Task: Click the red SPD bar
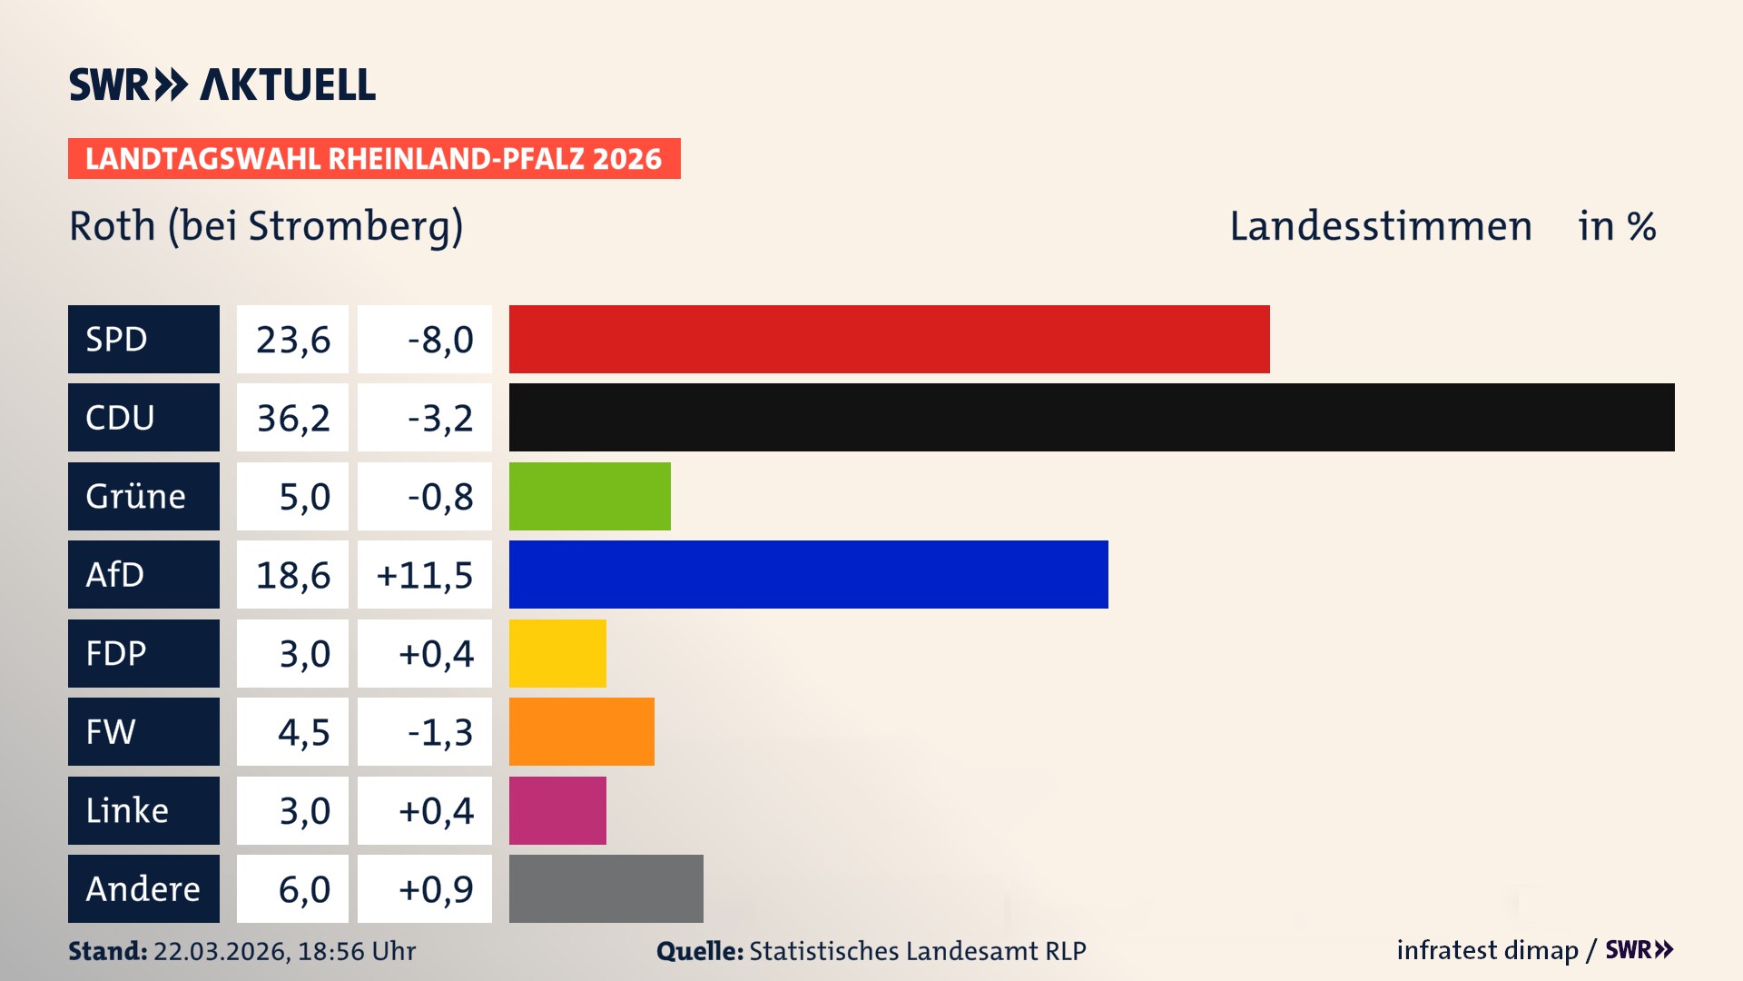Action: (889, 339)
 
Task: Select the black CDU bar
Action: (1091, 417)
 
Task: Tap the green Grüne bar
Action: (589, 496)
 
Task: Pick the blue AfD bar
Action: (808, 574)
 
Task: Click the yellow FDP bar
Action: (557, 653)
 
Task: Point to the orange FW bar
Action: (581, 731)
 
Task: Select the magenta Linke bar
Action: (557, 810)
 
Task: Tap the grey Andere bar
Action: (606, 888)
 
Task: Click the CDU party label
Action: (143, 417)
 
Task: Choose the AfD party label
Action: (143, 574)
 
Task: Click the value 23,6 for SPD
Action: (292, 339)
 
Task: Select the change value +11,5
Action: (425, 574)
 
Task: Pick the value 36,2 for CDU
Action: (292, 417)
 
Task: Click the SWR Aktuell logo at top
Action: (222, 84)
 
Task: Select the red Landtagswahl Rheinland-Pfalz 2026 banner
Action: (373, 158)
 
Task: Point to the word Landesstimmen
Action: (1380, 225)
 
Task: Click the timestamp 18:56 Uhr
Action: (356, 951)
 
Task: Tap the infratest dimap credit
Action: (1487, 950)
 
